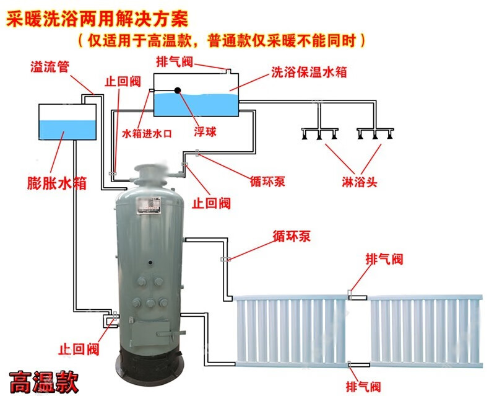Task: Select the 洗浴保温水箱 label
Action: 308,72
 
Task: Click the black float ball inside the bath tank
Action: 178,90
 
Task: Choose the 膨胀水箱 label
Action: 56,183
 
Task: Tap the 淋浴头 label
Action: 359,183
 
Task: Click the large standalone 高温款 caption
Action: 44,380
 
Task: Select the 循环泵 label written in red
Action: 291,236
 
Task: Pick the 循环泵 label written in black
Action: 267,182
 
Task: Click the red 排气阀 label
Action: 384,258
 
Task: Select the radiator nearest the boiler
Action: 292,331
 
